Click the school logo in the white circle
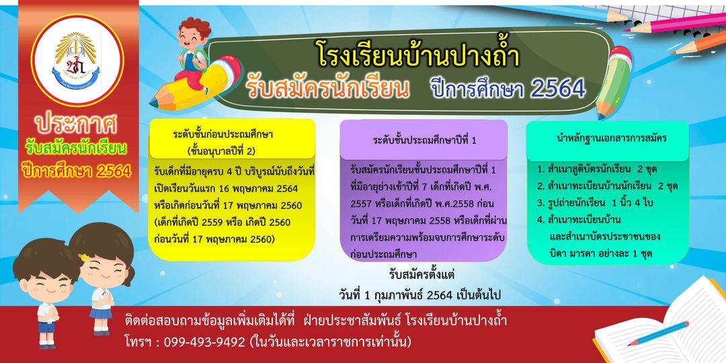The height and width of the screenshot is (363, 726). (77, 61)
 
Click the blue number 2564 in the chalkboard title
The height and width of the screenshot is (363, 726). (558, 88)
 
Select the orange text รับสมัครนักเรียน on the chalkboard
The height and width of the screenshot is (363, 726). (328, 88)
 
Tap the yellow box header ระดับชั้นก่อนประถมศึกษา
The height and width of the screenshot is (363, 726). (223, 135)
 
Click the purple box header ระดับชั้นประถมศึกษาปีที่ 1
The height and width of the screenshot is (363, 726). (425, 140)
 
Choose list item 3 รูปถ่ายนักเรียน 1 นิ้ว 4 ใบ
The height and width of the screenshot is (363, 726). (595, 203)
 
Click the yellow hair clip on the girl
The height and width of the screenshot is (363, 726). (84, 257)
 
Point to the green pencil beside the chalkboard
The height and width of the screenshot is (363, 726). (614, 83)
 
